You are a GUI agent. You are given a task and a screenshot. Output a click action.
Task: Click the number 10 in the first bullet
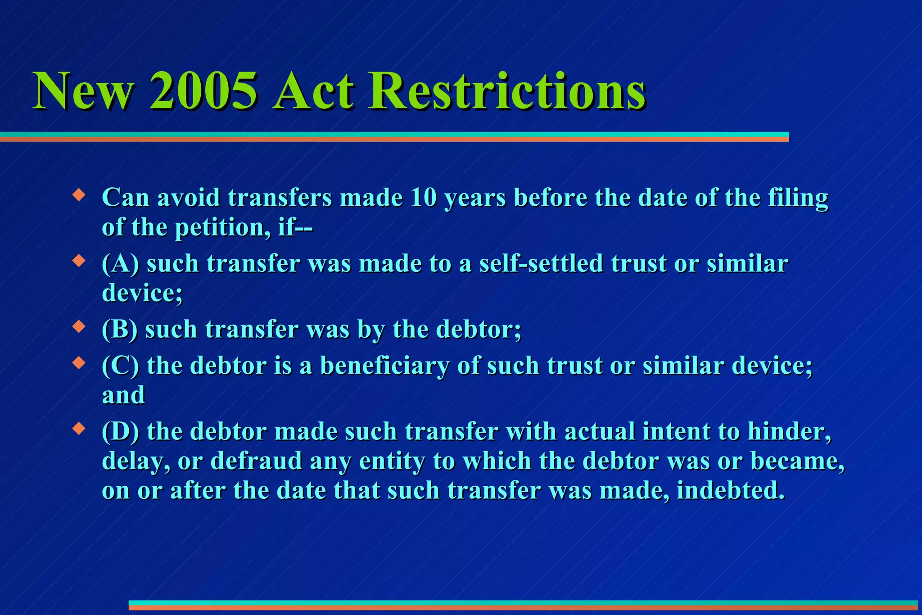click(423, 198)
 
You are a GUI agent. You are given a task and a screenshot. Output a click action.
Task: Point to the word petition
click(223, 227)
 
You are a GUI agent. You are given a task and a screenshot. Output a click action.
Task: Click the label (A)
click(120, 264)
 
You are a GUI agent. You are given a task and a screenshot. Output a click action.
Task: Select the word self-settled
click(541, 264)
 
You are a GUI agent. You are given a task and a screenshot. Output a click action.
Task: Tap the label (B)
click(119, 330)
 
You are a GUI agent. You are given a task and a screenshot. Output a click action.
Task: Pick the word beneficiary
click(384, 366)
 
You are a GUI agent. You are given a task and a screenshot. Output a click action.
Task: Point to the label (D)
click(120, 431)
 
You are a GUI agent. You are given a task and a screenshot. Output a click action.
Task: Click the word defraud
click(256, 461)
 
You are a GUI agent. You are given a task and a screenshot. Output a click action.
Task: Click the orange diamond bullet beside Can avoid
click(79, 195)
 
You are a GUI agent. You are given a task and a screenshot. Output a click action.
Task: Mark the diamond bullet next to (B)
click(79, 327)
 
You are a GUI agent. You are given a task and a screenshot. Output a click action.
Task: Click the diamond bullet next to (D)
click(79, 429)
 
